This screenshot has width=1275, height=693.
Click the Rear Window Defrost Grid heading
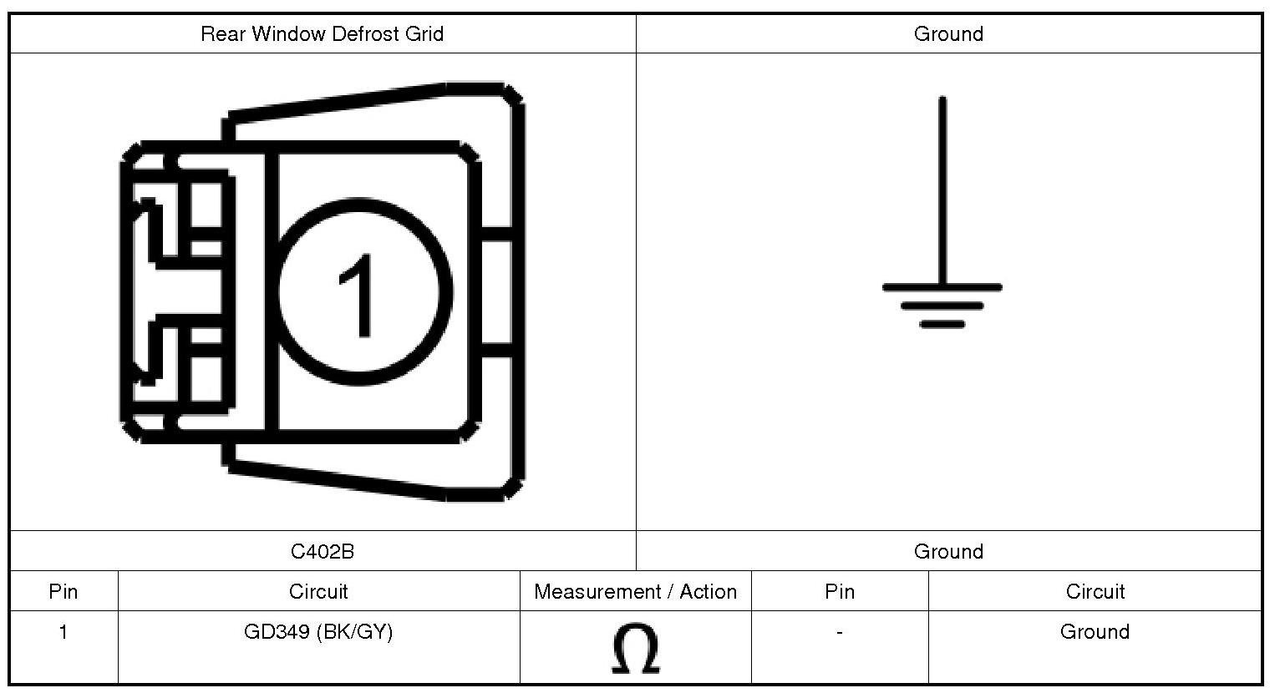pos(323,34)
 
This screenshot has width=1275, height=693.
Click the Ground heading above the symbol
pos(948,34)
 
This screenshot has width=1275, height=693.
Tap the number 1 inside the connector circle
pos(358,296)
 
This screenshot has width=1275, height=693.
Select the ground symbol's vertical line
pos(942,190)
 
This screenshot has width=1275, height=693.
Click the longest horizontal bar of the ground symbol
pos(942,287)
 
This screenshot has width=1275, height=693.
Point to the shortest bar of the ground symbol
pos(942,324)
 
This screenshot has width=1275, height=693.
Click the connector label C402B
pos(323,551)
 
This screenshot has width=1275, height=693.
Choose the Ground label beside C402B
pos(948,551)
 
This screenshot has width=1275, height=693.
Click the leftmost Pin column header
pos(63,592)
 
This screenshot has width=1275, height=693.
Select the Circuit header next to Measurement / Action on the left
pos(318,592)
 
